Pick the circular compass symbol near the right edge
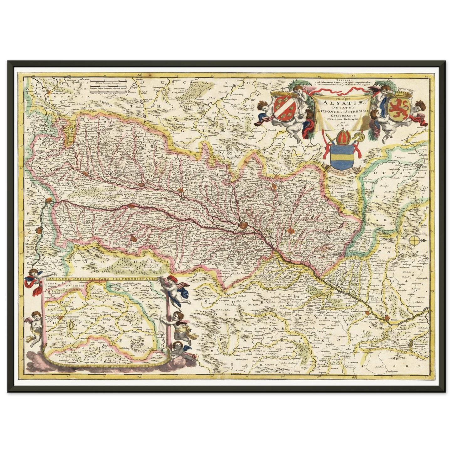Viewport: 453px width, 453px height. pyautogui.click(x=414, y=240)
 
